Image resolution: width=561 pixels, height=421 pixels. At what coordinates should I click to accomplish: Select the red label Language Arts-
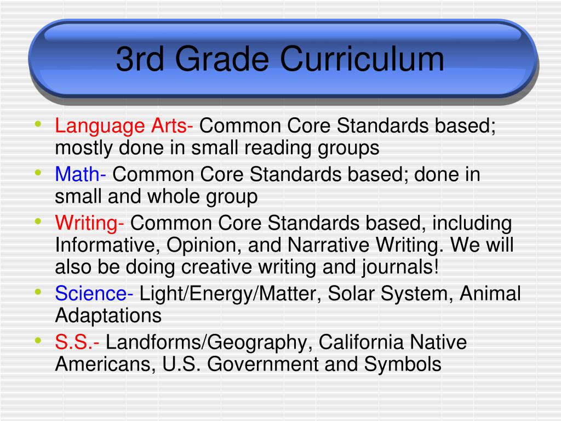[x=124, y=127]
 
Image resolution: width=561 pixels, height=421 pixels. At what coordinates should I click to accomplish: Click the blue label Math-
[x=81, y=175]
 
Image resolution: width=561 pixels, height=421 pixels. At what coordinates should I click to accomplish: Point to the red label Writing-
[x=90, y=223]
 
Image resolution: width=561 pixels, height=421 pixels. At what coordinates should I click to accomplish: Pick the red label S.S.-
[x=77, y=343]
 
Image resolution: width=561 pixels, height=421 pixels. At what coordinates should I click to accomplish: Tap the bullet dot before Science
[x=37, y=292]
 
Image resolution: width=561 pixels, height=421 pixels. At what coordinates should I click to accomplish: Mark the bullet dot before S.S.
[x=37, y=340]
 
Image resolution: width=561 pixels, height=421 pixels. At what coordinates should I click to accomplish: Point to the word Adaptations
[x=108, y=316]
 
